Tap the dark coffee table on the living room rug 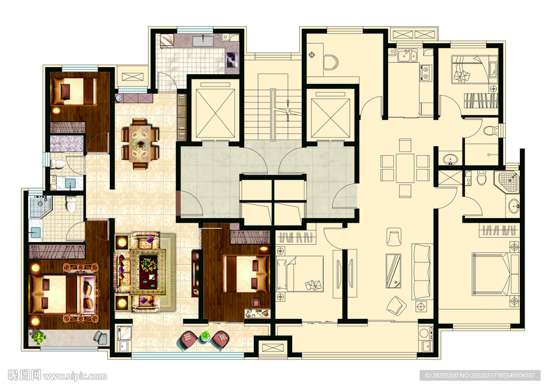pos(148,272)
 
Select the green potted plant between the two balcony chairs pos(205,336)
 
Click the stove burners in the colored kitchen pos(231,60)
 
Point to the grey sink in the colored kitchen pos(203,41)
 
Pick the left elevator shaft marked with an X pos(215,114)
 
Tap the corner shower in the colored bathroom pos(40,207)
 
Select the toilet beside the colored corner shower pos(71,204)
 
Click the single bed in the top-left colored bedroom pos(74,91)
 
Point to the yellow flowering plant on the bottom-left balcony pos(38,337)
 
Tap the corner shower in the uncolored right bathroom pos(508,182)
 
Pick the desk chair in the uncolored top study pos(331,62)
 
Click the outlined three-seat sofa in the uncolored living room pos(422,271)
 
